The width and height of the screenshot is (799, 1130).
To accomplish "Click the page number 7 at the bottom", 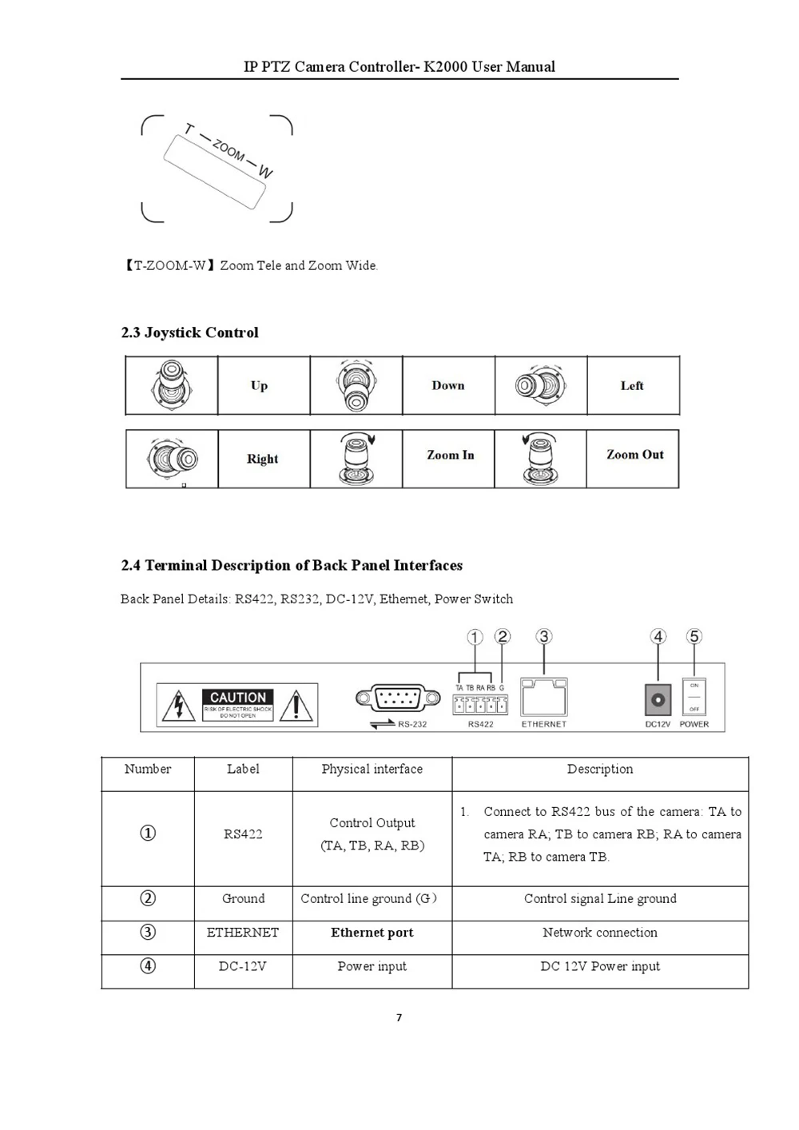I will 399,1017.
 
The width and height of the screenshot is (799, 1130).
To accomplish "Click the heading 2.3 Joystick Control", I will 190,332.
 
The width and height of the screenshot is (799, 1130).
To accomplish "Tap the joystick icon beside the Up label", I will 171,385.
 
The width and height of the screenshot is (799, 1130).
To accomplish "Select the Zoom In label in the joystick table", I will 450,455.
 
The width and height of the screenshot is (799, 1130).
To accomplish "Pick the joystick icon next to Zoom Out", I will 540,459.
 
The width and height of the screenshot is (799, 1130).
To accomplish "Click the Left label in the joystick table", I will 632,385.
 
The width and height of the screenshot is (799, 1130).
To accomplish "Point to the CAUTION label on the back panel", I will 238,698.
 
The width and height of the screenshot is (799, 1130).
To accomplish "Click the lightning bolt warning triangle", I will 179,706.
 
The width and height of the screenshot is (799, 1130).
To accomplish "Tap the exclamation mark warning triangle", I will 296,706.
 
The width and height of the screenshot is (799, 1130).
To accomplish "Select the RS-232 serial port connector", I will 398,698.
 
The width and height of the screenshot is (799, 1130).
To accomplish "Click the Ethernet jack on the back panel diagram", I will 543,698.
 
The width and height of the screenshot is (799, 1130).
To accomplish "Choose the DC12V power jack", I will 658,701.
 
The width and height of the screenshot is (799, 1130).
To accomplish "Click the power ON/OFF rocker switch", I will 694,698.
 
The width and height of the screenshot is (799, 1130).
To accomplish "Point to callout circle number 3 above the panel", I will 543,636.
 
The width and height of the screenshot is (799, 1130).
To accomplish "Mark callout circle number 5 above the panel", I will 694,636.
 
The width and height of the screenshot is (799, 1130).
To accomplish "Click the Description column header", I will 600,769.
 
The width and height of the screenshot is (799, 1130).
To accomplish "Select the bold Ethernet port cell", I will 372,933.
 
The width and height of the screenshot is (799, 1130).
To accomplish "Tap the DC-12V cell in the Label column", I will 243,966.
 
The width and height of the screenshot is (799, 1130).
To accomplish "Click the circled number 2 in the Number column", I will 148,898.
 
